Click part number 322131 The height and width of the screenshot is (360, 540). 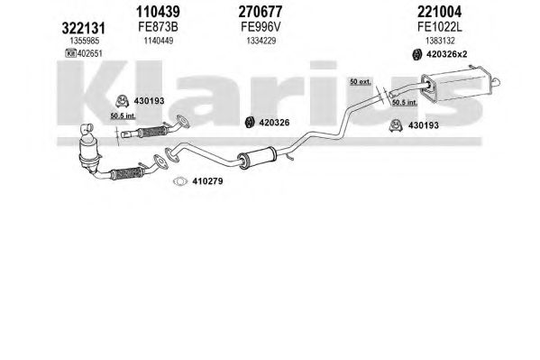click(x=83, y=28)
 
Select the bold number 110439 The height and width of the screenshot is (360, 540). click(x=158, y=12)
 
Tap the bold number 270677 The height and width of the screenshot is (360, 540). click(x=261, y=12)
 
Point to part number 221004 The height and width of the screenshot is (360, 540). click(x=439, y=12)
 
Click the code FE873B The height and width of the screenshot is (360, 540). click(x=158, y=27)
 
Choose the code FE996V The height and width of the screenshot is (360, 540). click(x=261, y=27)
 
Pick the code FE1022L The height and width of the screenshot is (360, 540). click(x=439, y=27)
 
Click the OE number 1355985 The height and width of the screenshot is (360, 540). click(x=85, y=41)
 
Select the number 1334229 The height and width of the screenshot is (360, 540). click(x=261, y=41)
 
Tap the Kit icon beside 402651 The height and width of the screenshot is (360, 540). click(x=70, y=53)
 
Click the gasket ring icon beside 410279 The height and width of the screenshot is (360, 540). click(x=180, y=181)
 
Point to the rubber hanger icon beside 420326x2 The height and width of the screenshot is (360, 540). click(x=417, y=54)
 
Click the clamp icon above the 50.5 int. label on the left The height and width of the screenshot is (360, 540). click(x=122, y=101)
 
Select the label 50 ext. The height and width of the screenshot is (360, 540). click(x=361, y=82)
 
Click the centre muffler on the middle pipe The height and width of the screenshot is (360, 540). click(x=257, y=158)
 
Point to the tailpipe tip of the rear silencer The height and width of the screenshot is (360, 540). click(x=497, y=82)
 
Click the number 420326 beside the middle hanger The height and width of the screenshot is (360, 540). click(x=274, y=123)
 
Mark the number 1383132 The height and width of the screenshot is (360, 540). click(x=440, y=41)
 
